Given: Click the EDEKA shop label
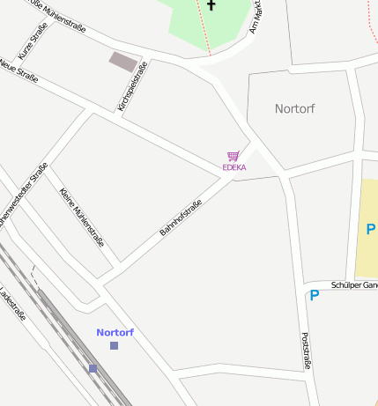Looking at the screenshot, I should (233, 167).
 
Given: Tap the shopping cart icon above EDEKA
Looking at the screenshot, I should (233, 156).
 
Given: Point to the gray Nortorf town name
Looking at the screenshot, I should (294, 109).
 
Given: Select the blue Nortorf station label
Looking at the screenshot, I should (115, 332).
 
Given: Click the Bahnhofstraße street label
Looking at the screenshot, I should (181, 218).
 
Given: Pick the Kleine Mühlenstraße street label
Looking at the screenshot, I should (81, 218).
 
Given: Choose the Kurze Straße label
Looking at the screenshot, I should (33, 41).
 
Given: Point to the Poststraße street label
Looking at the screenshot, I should (306, 350).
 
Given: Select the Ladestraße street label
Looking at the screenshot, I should (13, 304).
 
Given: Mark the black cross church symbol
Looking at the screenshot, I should (211, 4).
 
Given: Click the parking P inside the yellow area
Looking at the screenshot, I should (370, 230).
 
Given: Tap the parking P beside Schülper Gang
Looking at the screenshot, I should (314, 295).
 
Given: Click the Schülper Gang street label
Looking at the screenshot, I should (354, 285).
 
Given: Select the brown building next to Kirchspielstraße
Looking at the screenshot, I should (123, 62).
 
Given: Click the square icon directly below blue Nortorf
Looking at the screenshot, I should (114, 345).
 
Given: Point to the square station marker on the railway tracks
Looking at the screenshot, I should (93, 368).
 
